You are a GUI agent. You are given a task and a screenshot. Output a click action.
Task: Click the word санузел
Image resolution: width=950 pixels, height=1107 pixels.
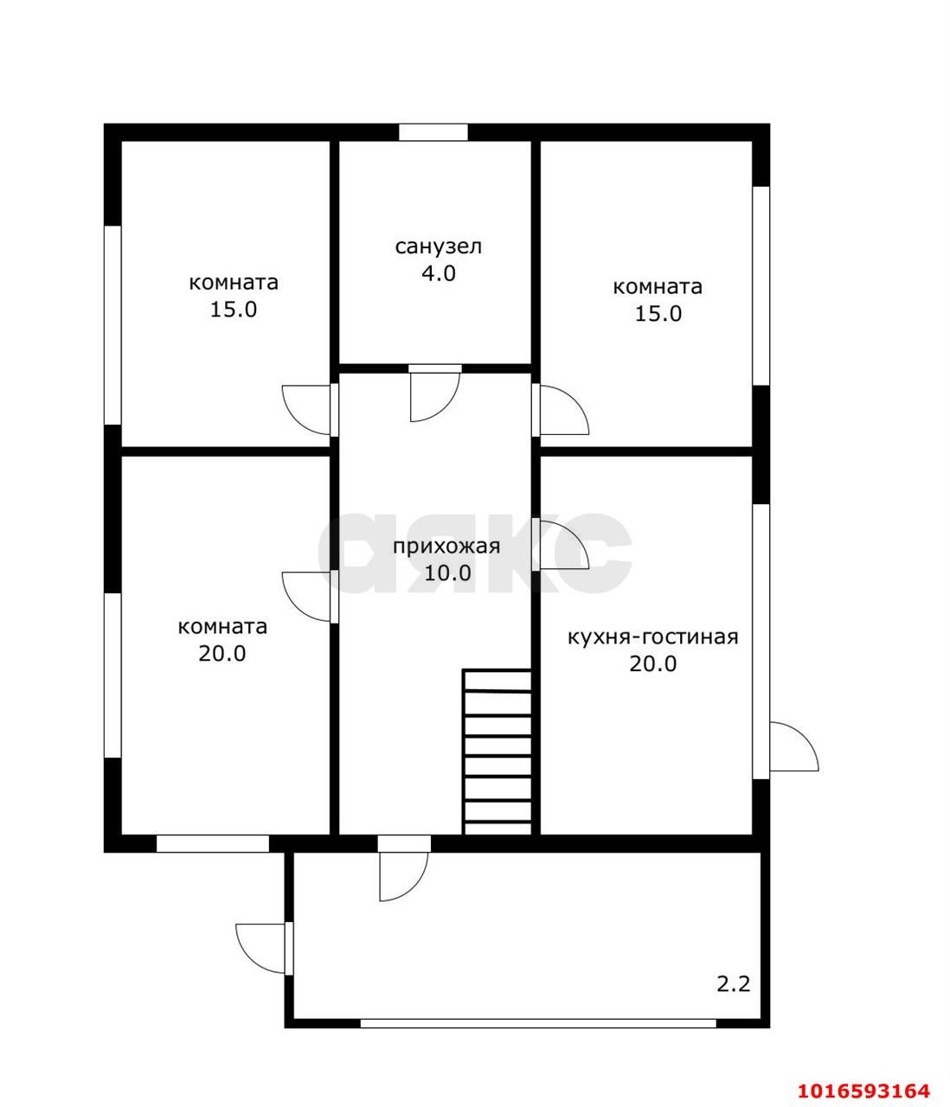pos(439,246)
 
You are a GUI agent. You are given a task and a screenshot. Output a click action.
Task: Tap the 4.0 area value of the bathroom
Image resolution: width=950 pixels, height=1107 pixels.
pos(439,273)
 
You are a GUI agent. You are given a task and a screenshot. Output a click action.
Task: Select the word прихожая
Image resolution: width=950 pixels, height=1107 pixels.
pos(446,547)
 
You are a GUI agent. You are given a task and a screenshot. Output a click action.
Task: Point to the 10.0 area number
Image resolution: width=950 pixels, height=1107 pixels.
pos(447,573)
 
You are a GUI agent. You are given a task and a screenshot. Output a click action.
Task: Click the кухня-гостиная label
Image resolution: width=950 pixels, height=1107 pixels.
pos(653,637)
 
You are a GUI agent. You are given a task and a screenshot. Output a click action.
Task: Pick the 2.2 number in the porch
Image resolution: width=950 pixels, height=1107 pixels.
pos(734,984)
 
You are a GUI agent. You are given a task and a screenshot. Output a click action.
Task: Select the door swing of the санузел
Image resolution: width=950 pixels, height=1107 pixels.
pos(434,394)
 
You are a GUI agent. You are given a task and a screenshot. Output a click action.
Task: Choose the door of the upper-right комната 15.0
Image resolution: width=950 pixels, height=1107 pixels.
pos(560,410)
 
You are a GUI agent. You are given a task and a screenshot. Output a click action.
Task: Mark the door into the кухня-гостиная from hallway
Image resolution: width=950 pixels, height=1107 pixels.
pos(560,544)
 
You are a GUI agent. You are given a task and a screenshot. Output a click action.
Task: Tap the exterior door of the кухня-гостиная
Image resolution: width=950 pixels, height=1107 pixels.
pos(793,746)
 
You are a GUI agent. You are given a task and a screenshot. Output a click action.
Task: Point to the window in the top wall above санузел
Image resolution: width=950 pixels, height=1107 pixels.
pos(433,132)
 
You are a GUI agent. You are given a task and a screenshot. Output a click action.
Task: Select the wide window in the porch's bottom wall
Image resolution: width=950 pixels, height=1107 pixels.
pos(538,1023)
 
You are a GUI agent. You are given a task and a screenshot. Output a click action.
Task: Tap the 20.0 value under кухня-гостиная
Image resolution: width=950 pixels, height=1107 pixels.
pos(653,664)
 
